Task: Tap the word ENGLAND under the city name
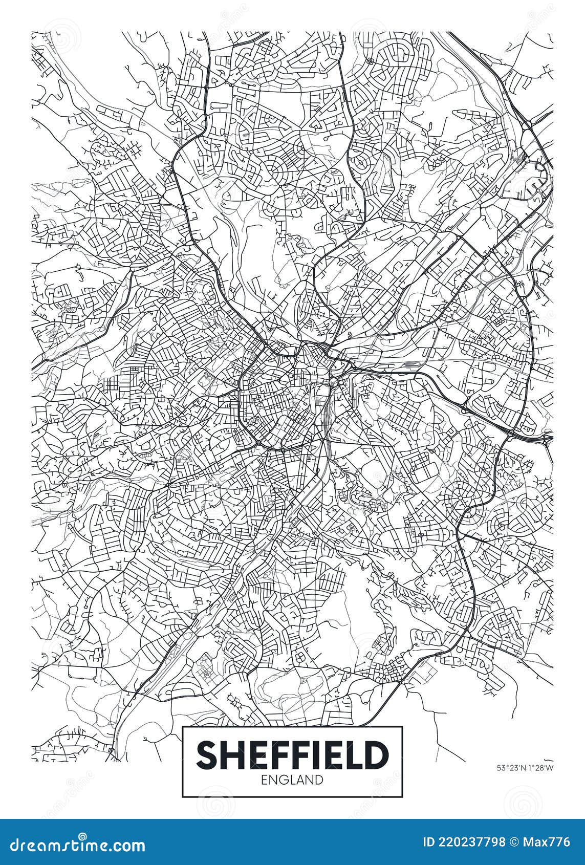coord(292,780)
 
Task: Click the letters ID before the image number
coord(430,842)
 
